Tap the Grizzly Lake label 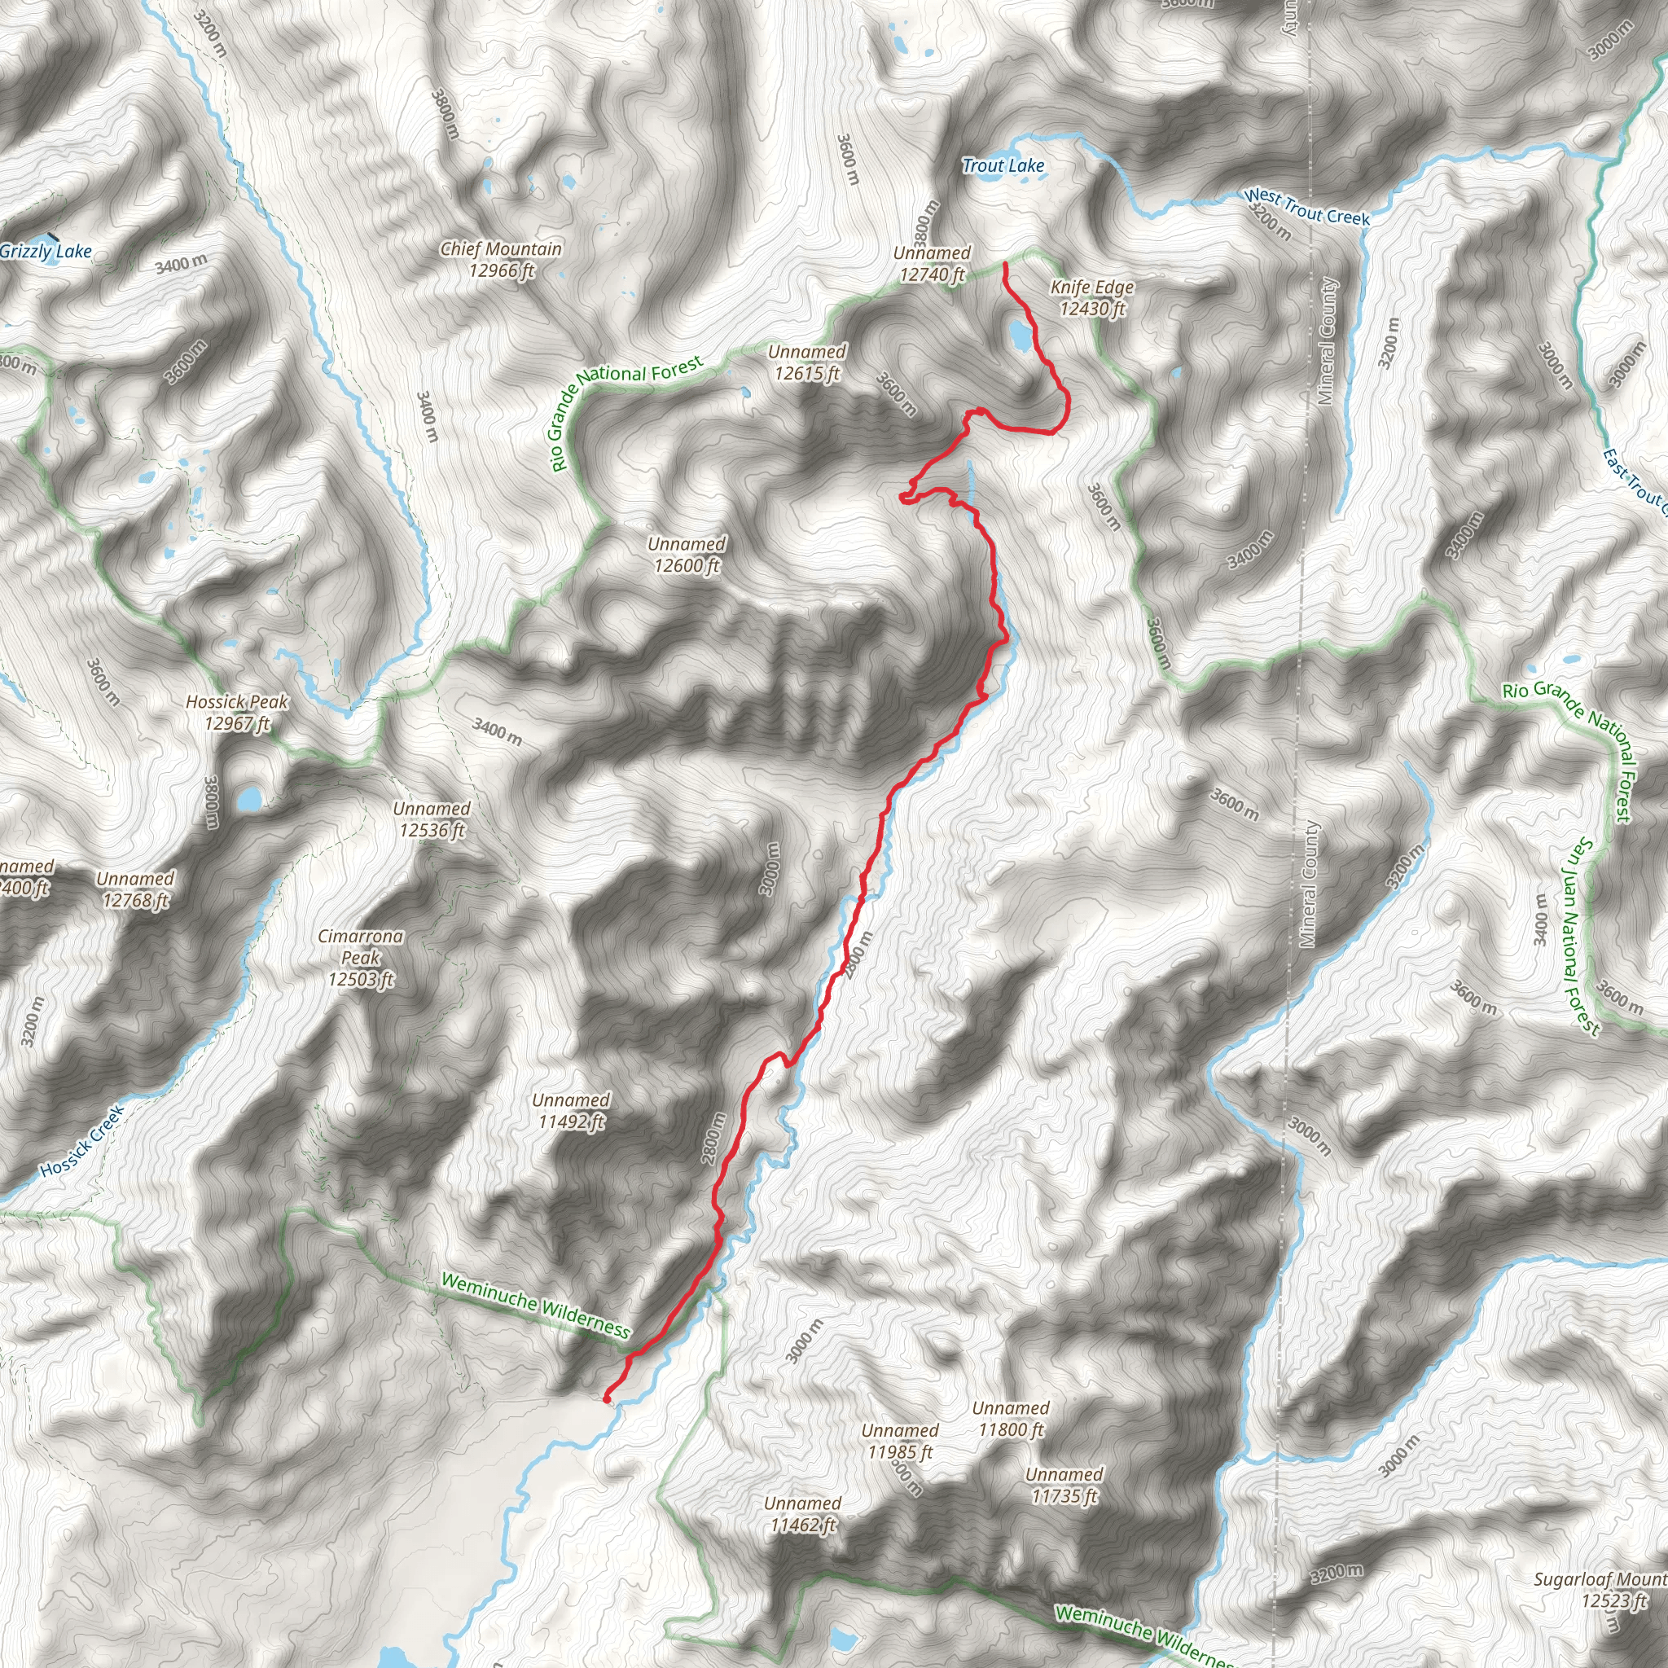point(46,251)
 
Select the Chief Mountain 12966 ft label point(501,259)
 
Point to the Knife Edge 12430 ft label point(1092,297)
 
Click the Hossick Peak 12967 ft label point(238,713)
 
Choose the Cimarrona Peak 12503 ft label point(361,957)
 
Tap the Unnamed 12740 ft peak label point(932,263)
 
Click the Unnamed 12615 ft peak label point(806,362)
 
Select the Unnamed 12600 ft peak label point(687,555)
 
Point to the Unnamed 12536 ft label point(432,819)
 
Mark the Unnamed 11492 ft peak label point(571,1110)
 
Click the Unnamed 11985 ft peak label point(900,1441)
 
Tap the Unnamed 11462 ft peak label point(802,1514)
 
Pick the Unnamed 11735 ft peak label point(1064,1484)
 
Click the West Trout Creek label point(1306,208)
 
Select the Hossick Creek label point(83,1140)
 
